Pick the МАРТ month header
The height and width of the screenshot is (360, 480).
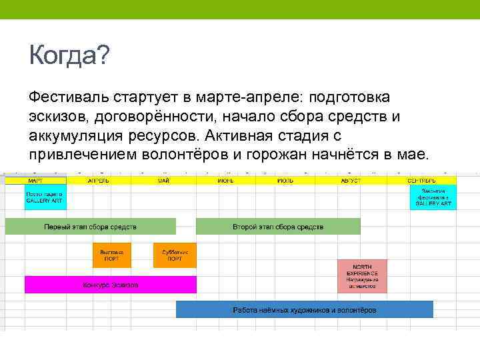(36, 181)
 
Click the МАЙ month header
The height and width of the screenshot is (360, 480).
(163, 181)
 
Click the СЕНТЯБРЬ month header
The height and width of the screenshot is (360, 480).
(421, 181)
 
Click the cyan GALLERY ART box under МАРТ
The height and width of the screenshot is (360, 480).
(45, 197)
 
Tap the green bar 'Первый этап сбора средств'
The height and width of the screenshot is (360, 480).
(91, 227)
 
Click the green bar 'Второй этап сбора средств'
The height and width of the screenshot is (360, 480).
(278, 227)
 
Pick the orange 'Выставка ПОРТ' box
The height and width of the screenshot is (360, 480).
(112, 255)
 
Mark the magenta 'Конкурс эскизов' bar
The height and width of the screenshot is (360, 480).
(111, 285)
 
